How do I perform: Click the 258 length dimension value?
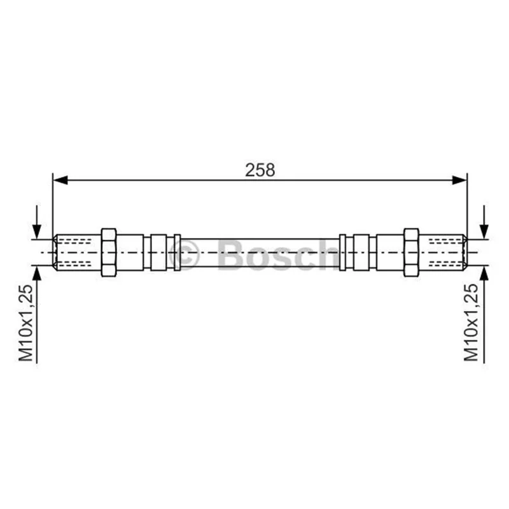click(260, 170)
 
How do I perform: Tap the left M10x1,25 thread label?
click(26, 323)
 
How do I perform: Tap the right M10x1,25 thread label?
click(471, 323)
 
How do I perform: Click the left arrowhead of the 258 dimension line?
click(60, 180)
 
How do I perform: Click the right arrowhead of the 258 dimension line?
click(459, 180)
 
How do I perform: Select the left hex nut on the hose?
click(108, 253)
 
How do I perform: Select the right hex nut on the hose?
click(411, 253)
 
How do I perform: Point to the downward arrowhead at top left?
click(37, 232)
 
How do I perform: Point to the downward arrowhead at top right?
click(484, 232)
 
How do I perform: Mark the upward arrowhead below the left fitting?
click(37, 274)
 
